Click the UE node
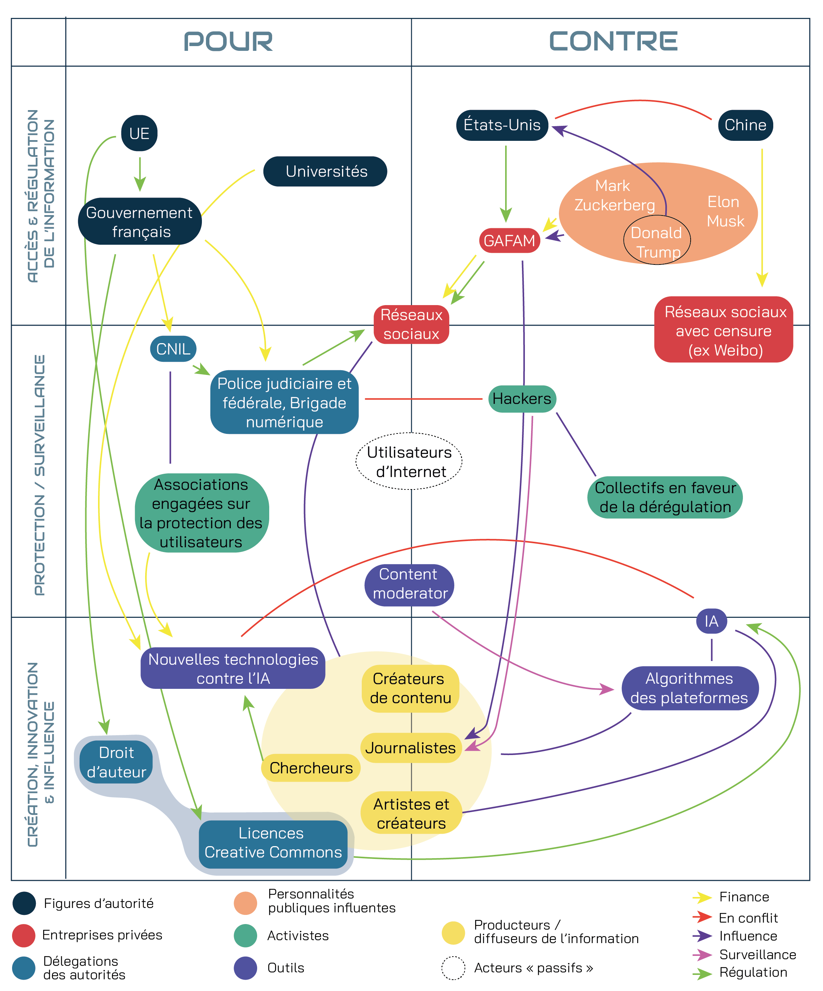139,134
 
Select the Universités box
325,171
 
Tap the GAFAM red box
509,241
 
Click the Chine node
745,125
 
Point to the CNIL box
173,349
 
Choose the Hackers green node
522,399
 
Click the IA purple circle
711,621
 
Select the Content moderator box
409,584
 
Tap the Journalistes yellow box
410,748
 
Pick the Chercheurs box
311,768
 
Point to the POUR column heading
228,42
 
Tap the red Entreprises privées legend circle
24,935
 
